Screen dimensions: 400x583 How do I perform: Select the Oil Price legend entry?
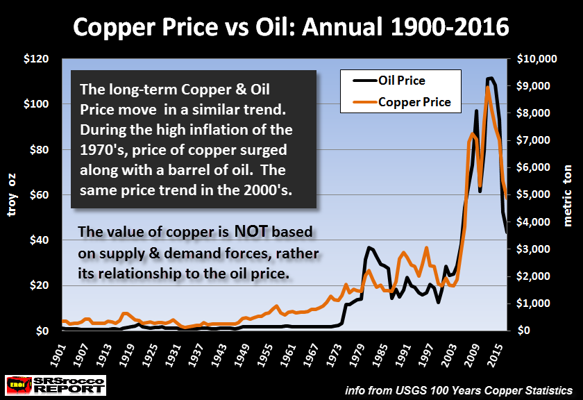402,81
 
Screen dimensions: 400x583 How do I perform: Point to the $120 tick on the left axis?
46,59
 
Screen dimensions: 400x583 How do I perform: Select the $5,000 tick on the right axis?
534,195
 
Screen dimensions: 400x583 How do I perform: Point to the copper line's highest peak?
488,86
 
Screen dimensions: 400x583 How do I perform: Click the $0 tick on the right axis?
521,331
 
